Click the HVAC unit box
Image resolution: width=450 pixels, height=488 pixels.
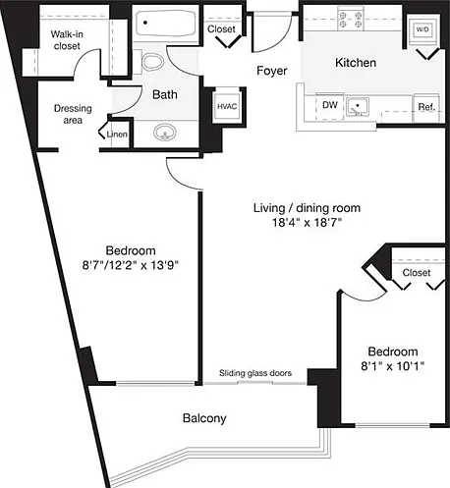point(227,107)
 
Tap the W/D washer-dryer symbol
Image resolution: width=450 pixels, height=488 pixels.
point(422,29)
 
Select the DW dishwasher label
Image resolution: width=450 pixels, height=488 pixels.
point(330,105)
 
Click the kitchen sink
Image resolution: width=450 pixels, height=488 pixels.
point(358,107)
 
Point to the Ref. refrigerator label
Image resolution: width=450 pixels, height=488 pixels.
point(426,107)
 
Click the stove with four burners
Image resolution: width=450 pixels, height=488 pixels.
point(351,20)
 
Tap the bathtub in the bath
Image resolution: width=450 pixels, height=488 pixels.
point(166,23)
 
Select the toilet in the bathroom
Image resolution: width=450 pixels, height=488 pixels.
point(152,62)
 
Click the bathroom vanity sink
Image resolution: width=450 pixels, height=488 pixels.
point(165,133)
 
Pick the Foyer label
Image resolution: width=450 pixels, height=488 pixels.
point(272,71)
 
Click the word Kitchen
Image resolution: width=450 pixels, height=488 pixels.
point(356,63)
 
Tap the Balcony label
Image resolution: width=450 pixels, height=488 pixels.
point(204,418)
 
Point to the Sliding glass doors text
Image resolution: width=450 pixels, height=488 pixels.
point(255,373)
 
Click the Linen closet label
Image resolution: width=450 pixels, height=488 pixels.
point(117,134)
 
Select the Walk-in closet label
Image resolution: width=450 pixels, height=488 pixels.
point(67,40)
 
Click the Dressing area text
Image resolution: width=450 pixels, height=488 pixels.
point(73,114)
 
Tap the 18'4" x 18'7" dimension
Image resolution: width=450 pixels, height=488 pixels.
point(307,223)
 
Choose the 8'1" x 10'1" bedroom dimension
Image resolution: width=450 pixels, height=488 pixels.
point(393,366)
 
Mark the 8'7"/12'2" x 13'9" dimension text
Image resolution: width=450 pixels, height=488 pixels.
point(130,265)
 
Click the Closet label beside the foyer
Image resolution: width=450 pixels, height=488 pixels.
point(221,29)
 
